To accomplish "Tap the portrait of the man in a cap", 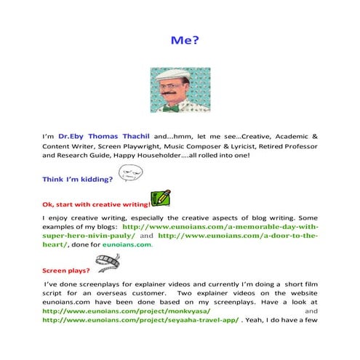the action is tap(180, 91).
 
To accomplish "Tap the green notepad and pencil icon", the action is tap(161, 198).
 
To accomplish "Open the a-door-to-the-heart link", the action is tap(238, 236).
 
